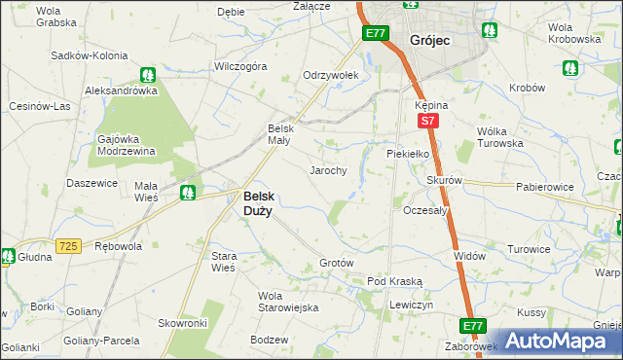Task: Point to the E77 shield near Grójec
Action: (376, 34)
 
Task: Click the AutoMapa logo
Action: (561, 341)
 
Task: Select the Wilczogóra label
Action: (240, 67)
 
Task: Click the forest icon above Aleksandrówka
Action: (147, 73)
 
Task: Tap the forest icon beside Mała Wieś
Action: (188, 193)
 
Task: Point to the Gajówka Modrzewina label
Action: (128, 145)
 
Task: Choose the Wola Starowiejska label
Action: (288, 302)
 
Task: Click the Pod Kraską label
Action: (394, 281)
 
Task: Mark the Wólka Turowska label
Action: (500, 137)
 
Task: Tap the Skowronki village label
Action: (183, 322)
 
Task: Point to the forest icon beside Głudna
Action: (7, 257)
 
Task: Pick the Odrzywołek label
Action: (332, 75)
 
